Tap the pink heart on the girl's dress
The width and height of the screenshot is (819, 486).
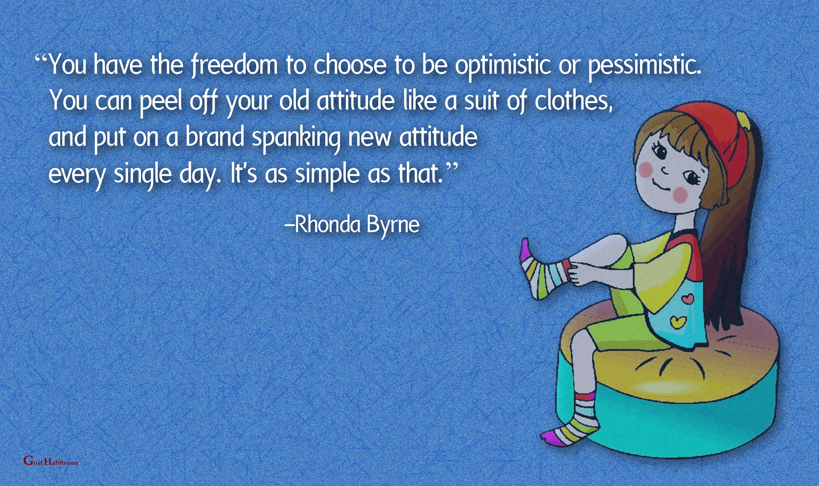point(686,298)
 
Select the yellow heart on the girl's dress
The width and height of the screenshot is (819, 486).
point(675,321)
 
